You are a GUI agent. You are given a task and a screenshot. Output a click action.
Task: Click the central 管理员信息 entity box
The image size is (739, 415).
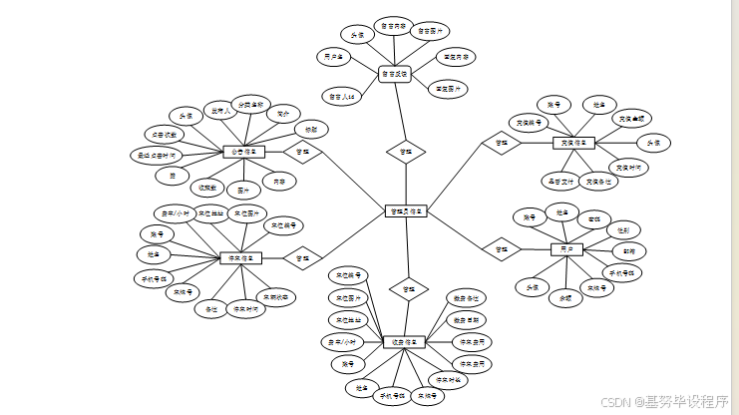406,210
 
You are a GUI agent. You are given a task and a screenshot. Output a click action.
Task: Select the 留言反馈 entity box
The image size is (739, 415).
395,74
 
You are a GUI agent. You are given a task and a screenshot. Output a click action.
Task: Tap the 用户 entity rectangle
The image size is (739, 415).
566,248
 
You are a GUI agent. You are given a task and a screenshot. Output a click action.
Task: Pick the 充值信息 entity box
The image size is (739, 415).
573,143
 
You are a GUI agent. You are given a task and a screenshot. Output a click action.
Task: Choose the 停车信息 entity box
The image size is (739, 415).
240,257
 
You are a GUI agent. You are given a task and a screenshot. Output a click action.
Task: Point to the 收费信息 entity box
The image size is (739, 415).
404,342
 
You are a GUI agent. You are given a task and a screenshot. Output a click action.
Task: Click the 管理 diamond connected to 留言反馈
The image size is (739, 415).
406,152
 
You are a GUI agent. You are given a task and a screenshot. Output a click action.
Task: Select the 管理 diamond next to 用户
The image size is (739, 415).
501,248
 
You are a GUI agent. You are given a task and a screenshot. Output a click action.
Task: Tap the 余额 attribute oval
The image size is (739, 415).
565,297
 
